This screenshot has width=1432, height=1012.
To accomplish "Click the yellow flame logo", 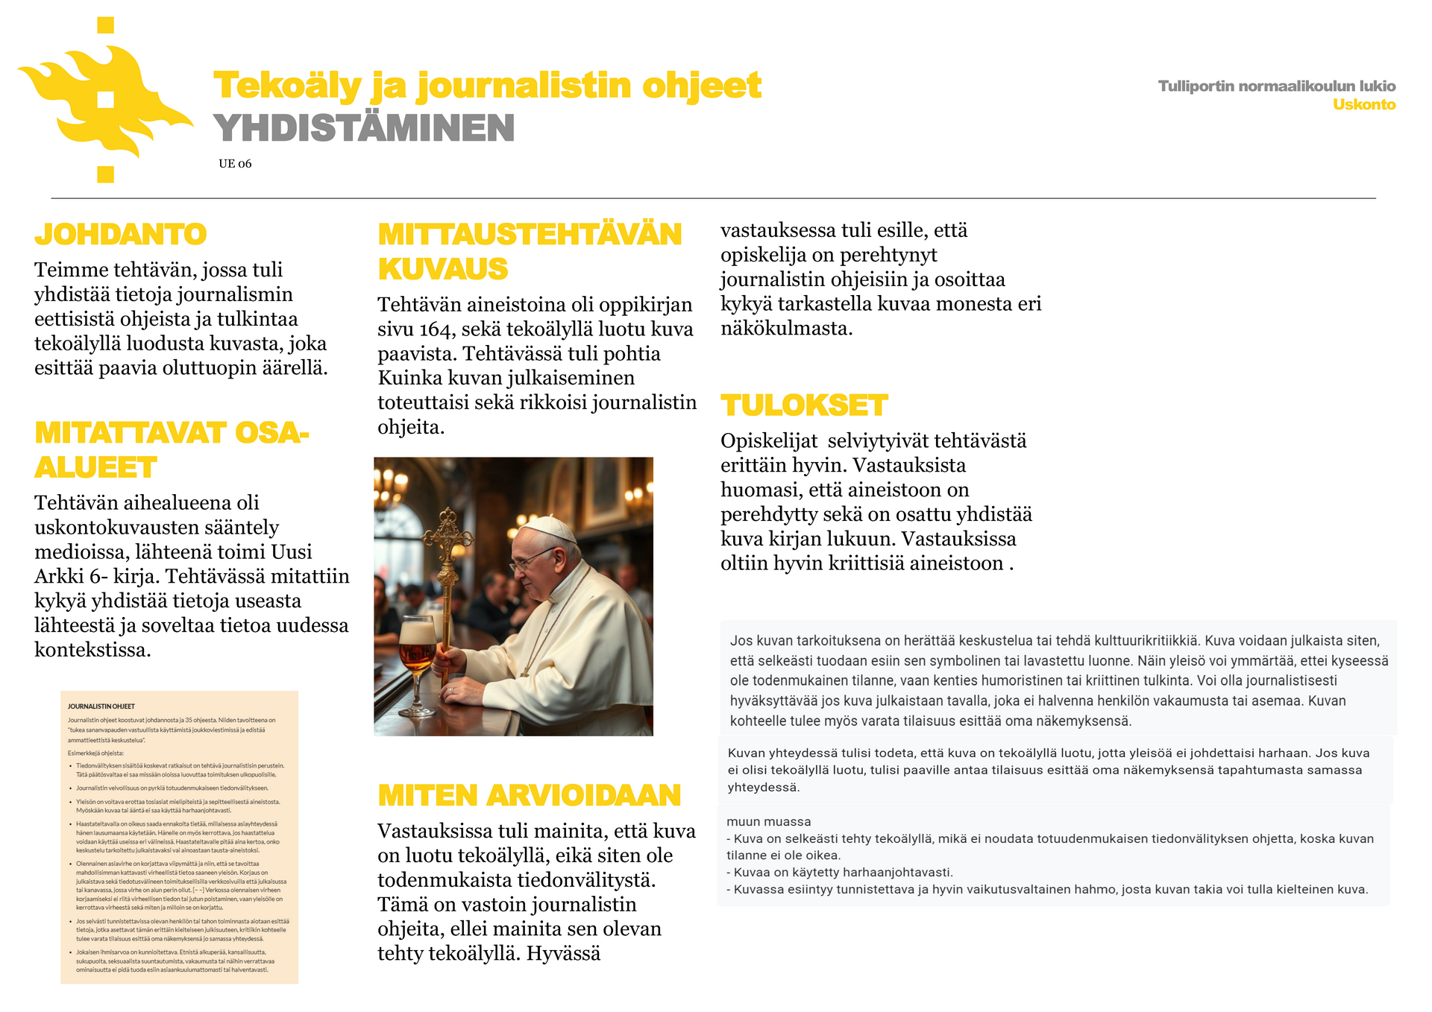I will click(x=104, y=101).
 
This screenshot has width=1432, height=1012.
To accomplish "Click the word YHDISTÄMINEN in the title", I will click(x=364, y=128).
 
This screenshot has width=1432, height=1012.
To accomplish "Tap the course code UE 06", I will click(x=235, y=164).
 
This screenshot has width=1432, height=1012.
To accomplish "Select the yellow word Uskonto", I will click(x=1363, y=105).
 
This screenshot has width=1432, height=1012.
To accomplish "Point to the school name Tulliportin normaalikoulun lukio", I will click(x=1276, y=86).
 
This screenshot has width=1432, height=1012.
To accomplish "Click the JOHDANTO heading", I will click(x=121, y=235).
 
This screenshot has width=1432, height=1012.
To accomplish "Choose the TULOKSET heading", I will click(x=804, y=406).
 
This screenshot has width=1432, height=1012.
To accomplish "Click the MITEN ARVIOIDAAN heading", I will click(x=529, y=796).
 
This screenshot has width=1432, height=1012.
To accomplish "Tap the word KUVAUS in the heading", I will click(x=443, y=269).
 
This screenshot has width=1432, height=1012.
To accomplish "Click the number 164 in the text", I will click(x=435, y=329).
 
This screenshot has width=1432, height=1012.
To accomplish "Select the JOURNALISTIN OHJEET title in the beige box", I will click(x=101, y=706).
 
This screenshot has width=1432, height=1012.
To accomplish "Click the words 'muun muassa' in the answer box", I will click(x=768, y=822).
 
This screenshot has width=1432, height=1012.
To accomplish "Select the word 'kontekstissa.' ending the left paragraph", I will click(x=92, y=650).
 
